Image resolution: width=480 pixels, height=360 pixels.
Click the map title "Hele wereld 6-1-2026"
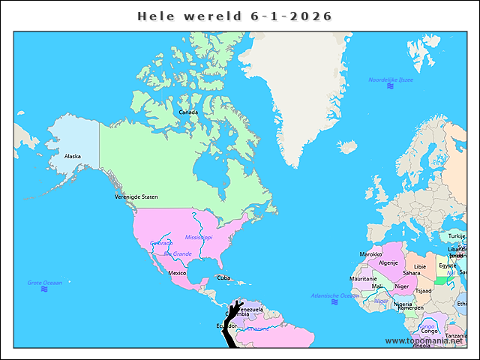(235, 16)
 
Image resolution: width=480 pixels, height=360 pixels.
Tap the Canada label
(188, 112)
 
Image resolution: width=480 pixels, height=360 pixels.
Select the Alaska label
(73, 156)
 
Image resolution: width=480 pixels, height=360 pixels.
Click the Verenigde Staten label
(136, 196)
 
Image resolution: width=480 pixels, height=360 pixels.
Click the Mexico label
(177, 273)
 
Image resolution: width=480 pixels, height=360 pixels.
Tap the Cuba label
(223, 277)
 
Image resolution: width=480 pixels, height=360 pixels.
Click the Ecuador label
(226, 325)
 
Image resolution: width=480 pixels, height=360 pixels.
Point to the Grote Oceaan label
(45, 283)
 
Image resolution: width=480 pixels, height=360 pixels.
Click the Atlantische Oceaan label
(335, 295)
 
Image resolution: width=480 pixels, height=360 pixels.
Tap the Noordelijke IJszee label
(390, 79)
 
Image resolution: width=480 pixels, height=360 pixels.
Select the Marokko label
(370, 254)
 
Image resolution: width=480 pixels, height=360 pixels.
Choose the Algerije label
(388, 263)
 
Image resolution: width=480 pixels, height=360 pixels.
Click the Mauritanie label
(364, 279)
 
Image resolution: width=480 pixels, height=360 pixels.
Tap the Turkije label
(457, 235)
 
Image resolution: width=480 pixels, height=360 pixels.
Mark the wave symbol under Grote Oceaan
(44, 289)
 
